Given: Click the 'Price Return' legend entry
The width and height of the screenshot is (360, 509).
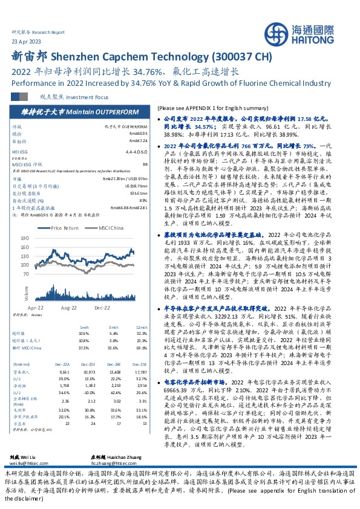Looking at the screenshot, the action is click(x=65, y=228).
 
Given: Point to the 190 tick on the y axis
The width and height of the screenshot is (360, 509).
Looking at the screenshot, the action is click(x=42, y=238).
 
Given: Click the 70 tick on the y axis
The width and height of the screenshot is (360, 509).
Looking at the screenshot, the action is click(x=43, y=274).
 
